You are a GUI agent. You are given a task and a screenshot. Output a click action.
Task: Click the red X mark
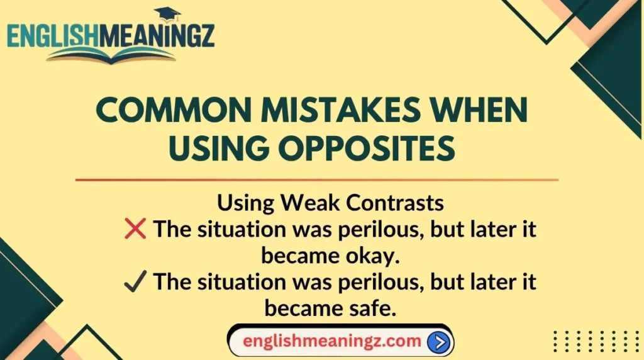coord(135,230)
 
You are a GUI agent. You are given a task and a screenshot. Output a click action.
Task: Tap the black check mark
coord(135,282)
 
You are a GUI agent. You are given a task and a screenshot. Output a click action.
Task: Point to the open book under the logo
coord(111,55)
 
